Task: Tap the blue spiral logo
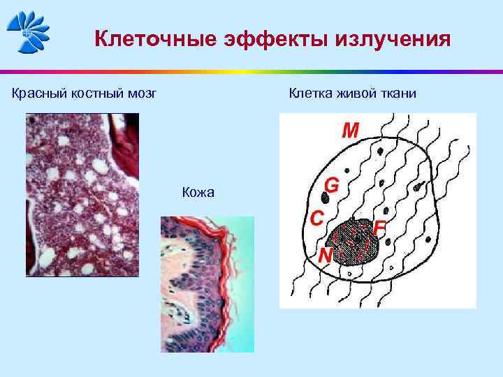click(28, 31)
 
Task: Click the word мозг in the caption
click(141, 93)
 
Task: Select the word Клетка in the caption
click(307, 93)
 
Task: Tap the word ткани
click(399, 93)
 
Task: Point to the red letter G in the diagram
click(333, 185)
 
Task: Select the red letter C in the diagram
click(316, 218)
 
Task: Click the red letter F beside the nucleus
click(380, 228)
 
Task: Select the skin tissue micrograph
click(207, 283)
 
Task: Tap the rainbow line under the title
click(251, 71)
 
